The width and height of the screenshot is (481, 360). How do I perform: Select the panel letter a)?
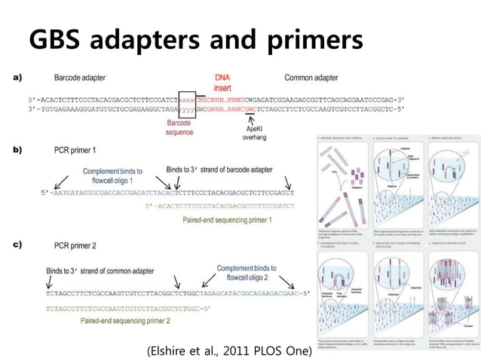[17, 78]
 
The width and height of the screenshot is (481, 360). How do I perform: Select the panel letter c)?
[17, 245]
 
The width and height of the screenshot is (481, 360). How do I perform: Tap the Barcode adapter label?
[84, 78]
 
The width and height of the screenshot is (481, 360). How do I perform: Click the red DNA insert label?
[223, 83]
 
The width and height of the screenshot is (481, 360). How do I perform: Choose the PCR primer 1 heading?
[78, 151]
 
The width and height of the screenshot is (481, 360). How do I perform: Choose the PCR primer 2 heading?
[78, 246]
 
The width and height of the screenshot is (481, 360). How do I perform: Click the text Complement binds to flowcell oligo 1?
[114, 175]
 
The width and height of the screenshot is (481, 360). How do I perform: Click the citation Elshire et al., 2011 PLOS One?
[229, 350]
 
